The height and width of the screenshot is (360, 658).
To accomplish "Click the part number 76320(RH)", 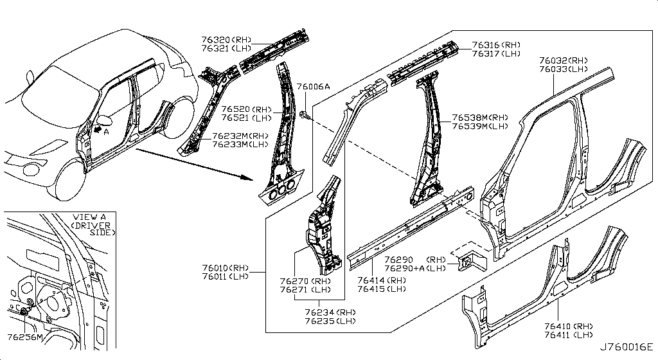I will (x=223, y=39).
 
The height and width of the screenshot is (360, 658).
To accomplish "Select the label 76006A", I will (x=312, y=87).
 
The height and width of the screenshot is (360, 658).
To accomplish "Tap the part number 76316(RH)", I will (x=495, y=45).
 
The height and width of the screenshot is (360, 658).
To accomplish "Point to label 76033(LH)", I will (x=564, y=69).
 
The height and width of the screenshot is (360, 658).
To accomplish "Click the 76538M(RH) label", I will (x=480, y=118).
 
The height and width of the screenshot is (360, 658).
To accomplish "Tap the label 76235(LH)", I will (x=331, y=321).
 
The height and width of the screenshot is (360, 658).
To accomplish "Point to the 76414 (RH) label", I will (x=382, y=280).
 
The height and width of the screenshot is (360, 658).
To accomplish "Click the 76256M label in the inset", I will (x=25, y=337).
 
